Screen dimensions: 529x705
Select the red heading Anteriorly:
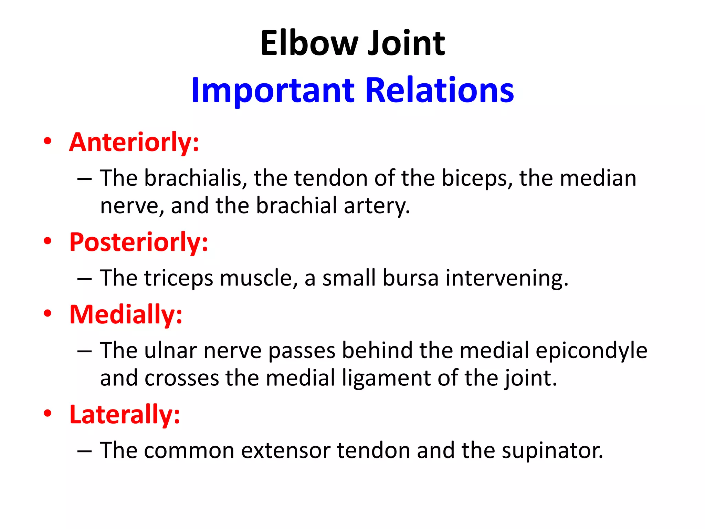tap(134, 142)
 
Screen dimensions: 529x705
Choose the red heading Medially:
tap(126, 314)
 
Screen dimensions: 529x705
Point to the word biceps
tap(477, 178)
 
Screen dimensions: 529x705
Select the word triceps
tap(178, 278)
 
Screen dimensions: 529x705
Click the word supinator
tap(552, 451)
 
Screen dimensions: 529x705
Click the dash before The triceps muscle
tap(84, 278)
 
